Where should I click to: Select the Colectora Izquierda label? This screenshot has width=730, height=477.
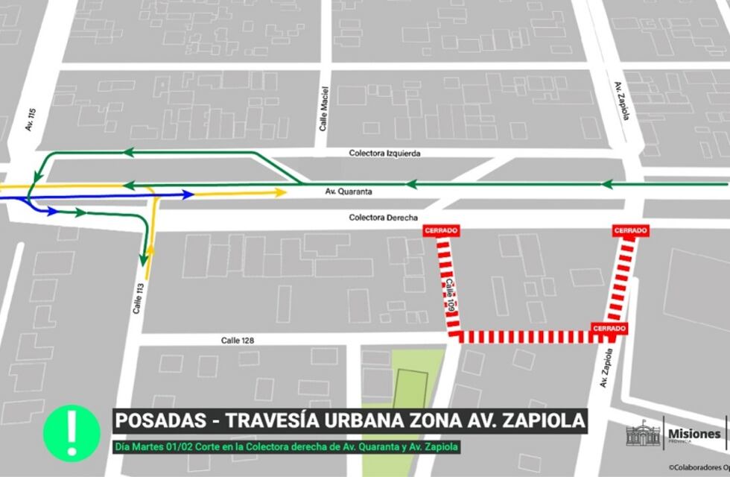point(384,154)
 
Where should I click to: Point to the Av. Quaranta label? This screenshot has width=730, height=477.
point(349,192)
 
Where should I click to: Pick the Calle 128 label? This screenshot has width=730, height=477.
point(237,341)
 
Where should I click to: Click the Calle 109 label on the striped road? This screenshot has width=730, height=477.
point(450,294)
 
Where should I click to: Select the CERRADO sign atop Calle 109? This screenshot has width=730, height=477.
point(440,231)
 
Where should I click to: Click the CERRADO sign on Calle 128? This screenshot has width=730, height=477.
point(609,328)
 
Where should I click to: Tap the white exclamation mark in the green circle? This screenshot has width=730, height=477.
point(72,432)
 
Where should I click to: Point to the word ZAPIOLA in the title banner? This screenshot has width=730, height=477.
point(544,421)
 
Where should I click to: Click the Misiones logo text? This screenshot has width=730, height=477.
point(694,434)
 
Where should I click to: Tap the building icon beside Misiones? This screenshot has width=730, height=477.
point(643,435)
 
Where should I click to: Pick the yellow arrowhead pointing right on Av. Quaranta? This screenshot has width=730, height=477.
point(281,192)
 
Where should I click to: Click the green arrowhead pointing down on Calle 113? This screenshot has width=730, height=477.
point(142,259)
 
